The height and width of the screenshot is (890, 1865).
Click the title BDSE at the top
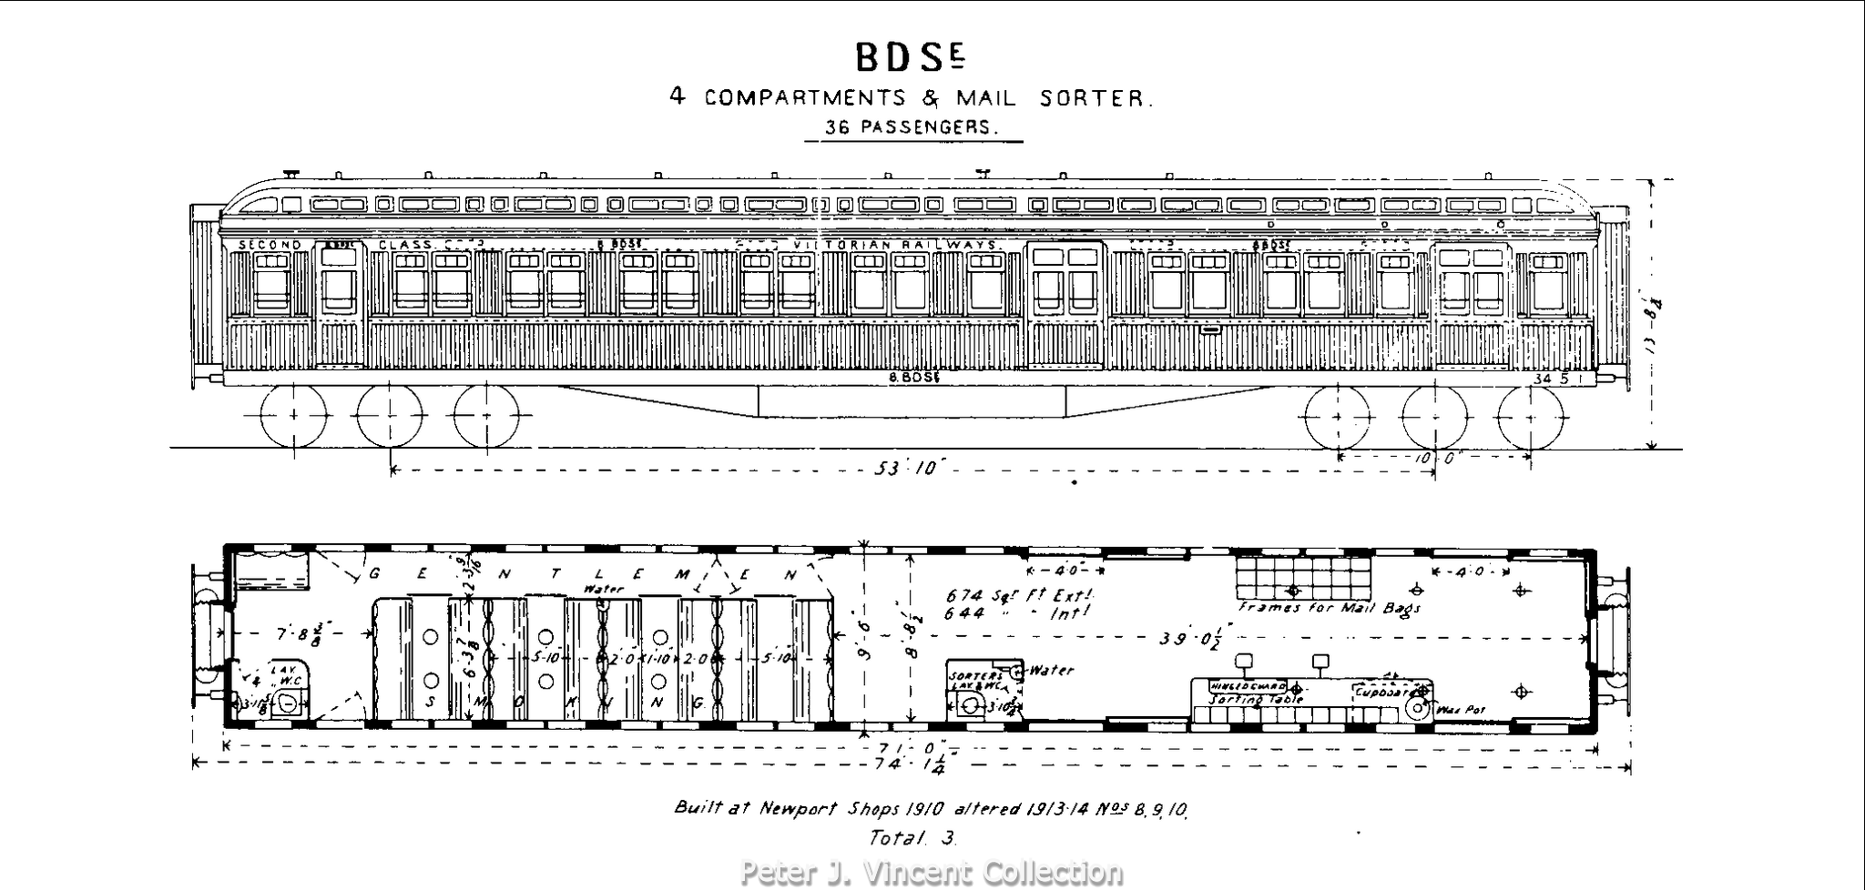click(909, 56)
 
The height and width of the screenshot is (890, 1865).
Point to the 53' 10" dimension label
click(912, 469)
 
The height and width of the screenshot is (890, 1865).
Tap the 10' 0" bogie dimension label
click(1437, 459)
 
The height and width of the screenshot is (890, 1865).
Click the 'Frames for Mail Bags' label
click(1329, 607)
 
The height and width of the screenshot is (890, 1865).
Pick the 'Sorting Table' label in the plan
click(1256, 699)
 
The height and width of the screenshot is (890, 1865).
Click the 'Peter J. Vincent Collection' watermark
click(931, 873)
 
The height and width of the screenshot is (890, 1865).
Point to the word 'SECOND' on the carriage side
click(270, 245)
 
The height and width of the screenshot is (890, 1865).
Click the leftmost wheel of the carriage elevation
click(293, 416)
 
